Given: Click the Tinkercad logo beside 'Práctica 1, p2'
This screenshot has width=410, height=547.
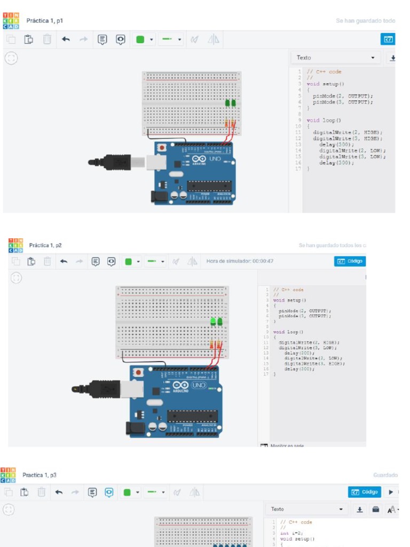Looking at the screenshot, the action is pyautogui.click(x=16, y=245).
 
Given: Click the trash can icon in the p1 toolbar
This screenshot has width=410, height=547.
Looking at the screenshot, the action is pyautogui.click(x=48, y=39).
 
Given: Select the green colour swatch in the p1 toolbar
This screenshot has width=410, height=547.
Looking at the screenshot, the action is pyautogui.click(x=140, y=39).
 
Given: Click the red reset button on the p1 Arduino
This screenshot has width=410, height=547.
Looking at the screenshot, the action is pyautogui.click(x=162, y=147).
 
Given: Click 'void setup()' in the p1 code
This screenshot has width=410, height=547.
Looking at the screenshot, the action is pyautogui.click(x=326, y=84).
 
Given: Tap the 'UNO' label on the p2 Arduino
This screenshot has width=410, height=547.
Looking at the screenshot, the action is pyautogui.click(x=199, y=385).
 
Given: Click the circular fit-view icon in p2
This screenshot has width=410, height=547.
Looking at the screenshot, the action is pyautogui.click(x=17, y=278).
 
